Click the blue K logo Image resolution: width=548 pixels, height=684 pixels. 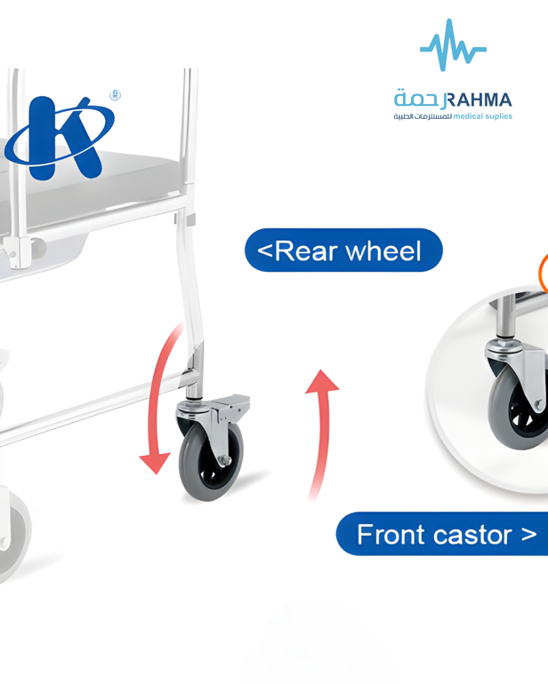pyautogui.click(x=60, y=138)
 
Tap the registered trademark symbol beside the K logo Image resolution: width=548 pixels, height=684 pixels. pyautogui.click(x=115, y=95)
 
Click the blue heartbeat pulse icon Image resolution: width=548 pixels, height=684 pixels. pyautogui.click(x=453, y=45)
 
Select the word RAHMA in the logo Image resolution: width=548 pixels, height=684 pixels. pyautogui.click(x=479, y=100)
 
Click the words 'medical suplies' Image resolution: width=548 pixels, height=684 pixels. pyautogui.click(x=483, y=116)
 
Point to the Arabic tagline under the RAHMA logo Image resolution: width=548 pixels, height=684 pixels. pyautogui.click(x=423, y=116)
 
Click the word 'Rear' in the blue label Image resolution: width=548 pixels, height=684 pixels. pyautogui.click(x=307, y=251)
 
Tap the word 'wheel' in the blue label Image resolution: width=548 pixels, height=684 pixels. pyautogui.click(x=383, y=251)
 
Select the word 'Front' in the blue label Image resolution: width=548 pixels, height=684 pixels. pyautogui.click(x=384, y=535)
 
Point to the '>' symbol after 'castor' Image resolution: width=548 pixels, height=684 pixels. pyautogui.click(x=528, y=535)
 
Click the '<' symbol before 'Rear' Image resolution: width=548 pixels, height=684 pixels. pyautogui.click(x=265, y=251)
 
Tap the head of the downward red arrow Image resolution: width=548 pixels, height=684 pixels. pyautogui.click(x=154, y=463)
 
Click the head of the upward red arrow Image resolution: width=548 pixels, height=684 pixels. pyautogui.click(x=322, y=382)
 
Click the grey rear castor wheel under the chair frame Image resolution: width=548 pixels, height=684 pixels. pyautogui.click(x=210, y=462)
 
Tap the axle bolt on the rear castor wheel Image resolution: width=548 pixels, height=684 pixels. pyautogui.click(x=224, y=460)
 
